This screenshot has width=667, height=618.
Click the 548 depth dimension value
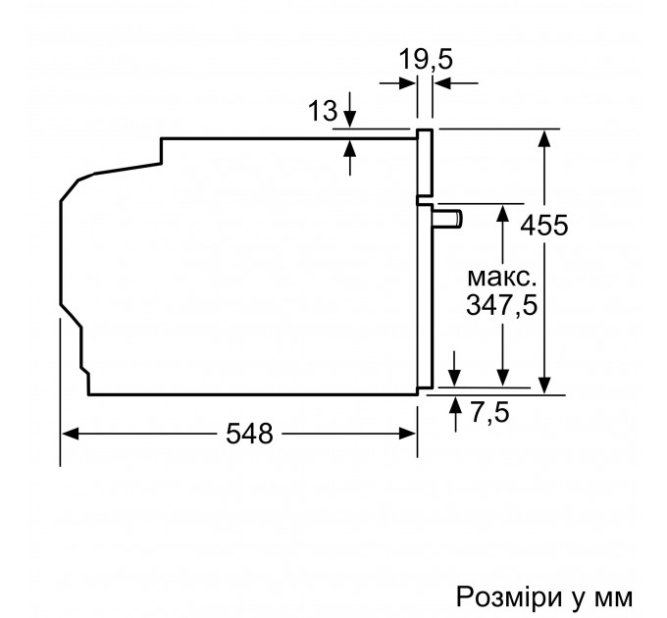[239, 434]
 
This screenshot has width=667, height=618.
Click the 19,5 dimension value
[426, 60]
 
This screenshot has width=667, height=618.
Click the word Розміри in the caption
[501, 570]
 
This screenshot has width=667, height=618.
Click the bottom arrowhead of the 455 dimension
[545, 386]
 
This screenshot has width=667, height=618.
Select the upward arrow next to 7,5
[454, 403]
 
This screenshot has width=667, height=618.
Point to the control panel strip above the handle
[426, 162]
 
